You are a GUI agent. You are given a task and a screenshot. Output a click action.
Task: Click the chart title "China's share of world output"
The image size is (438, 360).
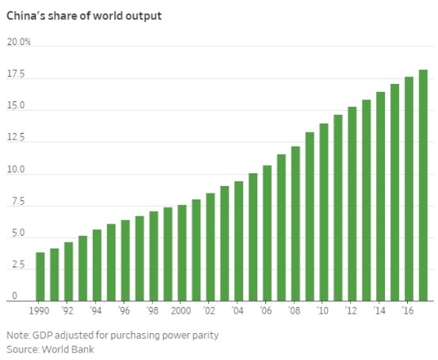point(84,15)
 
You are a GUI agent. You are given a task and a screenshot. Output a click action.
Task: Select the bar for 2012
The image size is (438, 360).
point(352,204)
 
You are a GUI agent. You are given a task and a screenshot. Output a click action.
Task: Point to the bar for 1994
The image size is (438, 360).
point(97,265)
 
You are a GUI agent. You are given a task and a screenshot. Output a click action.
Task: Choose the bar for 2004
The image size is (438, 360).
point(238,241)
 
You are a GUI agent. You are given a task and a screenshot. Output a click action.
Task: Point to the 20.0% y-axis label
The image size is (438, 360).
point(19,42)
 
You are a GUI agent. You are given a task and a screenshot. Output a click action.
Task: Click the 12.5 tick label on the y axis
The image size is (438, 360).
point(15,138)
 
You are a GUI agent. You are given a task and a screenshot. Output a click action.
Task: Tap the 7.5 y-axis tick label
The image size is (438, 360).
point(15,201)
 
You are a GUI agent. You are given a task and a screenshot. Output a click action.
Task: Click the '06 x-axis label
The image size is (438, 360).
point(267,311)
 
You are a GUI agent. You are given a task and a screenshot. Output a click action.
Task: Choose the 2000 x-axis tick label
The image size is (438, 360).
point(181,311)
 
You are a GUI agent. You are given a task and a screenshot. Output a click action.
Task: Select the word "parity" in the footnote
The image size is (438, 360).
point(205,334)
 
